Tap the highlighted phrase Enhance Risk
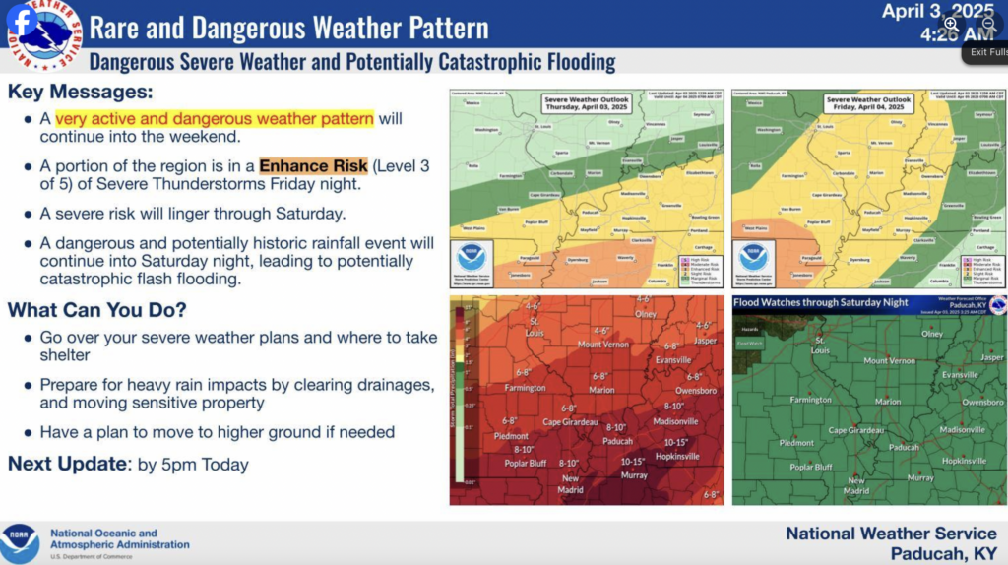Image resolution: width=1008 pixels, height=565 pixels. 313,165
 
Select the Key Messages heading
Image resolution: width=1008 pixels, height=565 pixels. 81,92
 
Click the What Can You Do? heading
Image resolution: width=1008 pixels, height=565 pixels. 97,310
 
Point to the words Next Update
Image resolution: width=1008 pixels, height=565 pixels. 65,464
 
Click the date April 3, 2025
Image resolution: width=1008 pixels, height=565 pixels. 937,12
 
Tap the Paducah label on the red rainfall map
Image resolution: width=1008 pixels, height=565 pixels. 617,440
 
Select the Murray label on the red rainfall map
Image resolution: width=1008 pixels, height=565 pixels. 634,474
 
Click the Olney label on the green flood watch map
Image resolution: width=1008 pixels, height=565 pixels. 931,334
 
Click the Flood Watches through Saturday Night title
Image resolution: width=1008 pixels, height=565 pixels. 821,302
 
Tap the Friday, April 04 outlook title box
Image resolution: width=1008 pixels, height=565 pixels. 868,104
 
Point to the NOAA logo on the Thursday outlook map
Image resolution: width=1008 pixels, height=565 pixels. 472,258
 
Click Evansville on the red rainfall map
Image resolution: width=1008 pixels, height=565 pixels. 674,360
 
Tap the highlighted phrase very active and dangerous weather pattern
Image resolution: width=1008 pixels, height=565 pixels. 214,119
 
